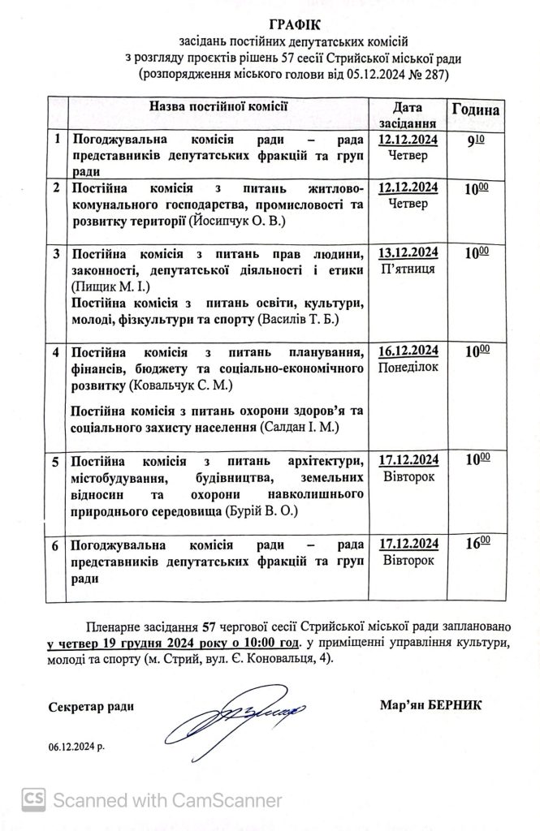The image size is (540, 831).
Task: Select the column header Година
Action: point(475,111)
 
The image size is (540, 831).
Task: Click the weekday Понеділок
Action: point(408,368)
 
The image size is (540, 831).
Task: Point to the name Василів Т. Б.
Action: point(309,320)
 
